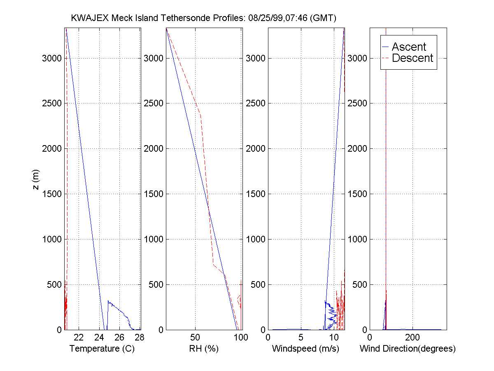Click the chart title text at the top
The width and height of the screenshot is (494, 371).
(x=204, y=18)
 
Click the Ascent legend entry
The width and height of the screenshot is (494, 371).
(x=409, y=47)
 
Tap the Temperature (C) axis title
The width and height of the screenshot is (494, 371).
(x=102, y=349)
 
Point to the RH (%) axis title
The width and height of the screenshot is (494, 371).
(x=203, y=349)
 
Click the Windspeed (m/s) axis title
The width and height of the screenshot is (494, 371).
(x=305, y=349)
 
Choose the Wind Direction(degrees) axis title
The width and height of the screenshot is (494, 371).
(x=408, y=349)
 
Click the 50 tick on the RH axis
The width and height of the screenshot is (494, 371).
(x=195, y=338)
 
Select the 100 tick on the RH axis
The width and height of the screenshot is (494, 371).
(x=241, y=338)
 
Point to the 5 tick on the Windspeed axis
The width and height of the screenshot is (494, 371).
(x=301, y=338)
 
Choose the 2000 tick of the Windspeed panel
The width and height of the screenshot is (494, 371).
(x=256, y=148)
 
